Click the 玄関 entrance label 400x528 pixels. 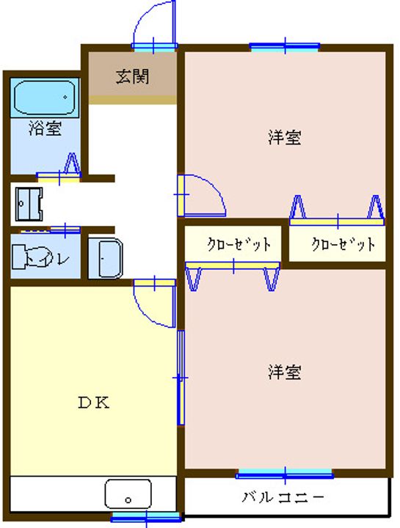132,76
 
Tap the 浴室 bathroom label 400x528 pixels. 45,130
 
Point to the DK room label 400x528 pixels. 94,402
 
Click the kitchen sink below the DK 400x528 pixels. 128,494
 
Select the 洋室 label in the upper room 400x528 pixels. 284,137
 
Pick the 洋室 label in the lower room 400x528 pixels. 284,373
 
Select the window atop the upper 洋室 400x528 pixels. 285,47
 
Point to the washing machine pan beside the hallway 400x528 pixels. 29,203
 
